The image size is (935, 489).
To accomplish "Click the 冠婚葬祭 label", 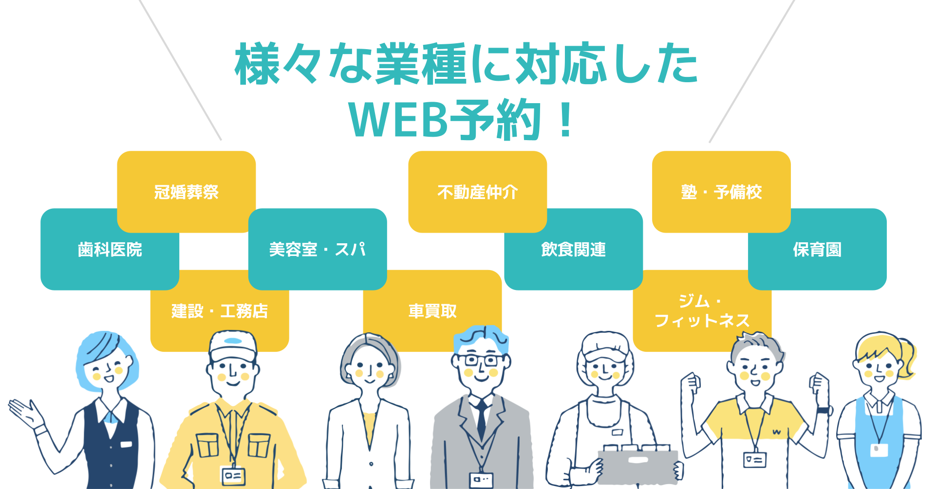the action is (187, 192).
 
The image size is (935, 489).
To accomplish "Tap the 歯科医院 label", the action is (110, 250).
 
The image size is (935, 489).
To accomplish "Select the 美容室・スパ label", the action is (318, 250).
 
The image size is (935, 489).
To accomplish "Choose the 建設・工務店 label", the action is (220, 311).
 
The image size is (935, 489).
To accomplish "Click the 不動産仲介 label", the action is (478, 192).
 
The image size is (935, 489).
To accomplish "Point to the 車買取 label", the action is (432, 311).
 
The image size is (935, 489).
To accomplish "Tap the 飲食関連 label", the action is (574, 250).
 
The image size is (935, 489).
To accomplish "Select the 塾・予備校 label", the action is (721, 192).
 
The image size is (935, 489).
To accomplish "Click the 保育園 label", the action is (817, 250).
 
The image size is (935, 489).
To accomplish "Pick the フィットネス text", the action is (702, 321).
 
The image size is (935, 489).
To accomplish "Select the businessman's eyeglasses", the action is (481, 361).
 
